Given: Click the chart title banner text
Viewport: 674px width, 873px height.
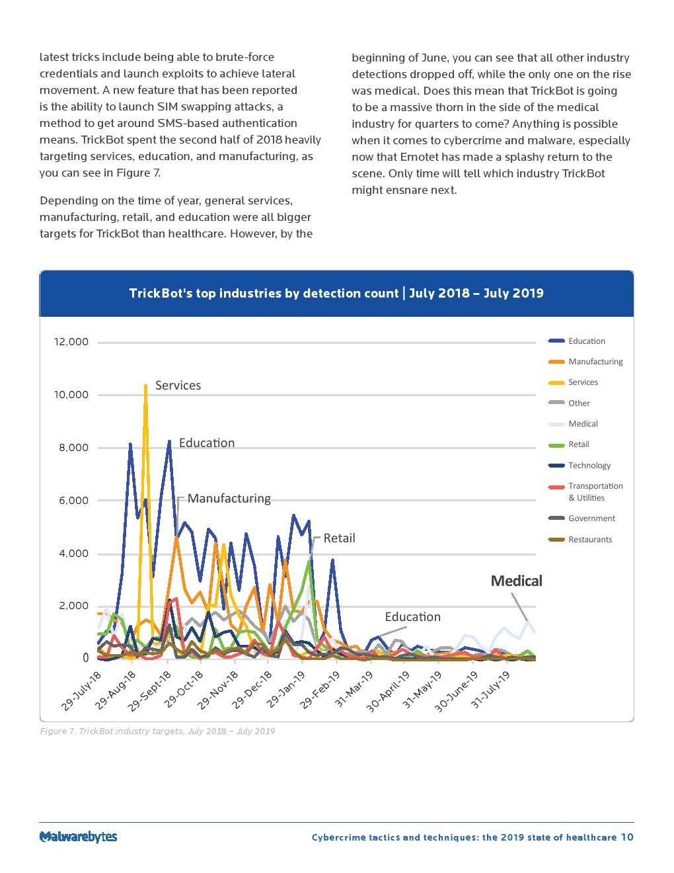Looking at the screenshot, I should click(336, 293).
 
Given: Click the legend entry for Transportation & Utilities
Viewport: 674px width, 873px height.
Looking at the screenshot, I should click(595, 491).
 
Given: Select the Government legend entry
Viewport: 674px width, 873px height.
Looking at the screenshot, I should click(591, 519).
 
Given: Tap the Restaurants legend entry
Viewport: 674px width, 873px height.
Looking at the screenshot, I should click(589, 540).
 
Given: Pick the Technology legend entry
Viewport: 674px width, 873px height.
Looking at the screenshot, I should click(589, 466).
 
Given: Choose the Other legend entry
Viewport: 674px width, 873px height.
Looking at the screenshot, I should click(579, 403).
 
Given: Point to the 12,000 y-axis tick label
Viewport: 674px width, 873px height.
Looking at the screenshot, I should click(71, 342).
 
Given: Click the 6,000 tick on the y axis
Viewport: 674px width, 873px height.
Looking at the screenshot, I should click(73, 501).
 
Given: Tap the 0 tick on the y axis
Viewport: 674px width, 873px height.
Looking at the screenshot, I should click(85, 658).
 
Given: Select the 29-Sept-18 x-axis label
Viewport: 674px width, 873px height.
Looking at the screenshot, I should click(151, 690).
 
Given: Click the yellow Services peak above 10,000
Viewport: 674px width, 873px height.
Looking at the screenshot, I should click(145, 386).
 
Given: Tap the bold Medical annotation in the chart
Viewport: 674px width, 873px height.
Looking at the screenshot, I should click(516, 581).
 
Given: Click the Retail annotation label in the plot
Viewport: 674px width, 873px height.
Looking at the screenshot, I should click(339, 538).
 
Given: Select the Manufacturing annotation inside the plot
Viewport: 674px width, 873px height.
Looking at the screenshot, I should click(229, 499).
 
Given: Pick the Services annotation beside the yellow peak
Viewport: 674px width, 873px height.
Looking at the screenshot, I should click(178, 386).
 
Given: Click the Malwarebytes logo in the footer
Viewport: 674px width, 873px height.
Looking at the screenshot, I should click(78, 837).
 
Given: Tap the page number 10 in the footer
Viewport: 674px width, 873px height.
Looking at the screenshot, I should click(626, 837).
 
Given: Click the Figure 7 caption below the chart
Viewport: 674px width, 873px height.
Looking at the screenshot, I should click(157, 731).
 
